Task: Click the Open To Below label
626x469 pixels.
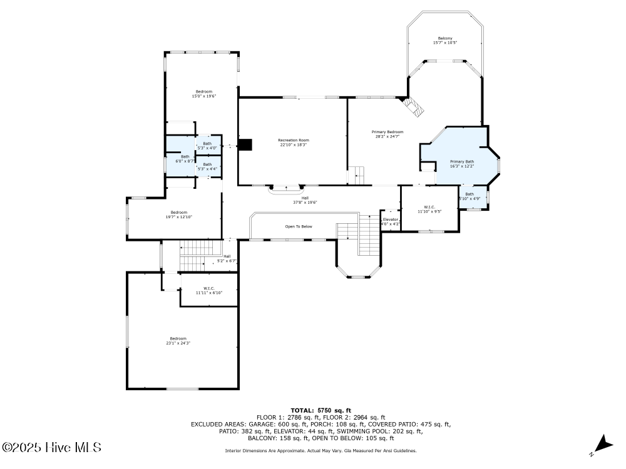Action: click(x=299, y=226)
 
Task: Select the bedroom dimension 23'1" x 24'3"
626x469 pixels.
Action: click(x=178, y=343)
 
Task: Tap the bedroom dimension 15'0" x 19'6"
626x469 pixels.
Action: click(x=203, y=96)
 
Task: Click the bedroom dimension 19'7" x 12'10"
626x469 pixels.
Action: click(x=179, y=217)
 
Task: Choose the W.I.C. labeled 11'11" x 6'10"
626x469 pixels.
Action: click(x=209, y=293)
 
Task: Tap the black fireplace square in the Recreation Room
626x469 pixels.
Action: click(x=246, y=144)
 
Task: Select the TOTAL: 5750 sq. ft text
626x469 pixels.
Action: click(x=321, y=410)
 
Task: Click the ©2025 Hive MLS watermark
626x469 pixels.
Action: click(x=51, y=447)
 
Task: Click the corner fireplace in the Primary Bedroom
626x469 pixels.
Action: click(x=413, y=106)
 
